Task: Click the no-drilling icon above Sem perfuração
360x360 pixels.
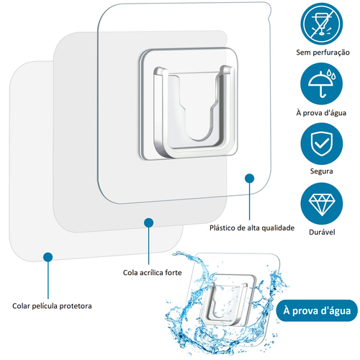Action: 322,24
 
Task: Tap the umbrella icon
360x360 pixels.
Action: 322,84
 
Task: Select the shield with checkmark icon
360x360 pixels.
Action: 322,144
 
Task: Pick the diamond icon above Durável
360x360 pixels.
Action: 322,204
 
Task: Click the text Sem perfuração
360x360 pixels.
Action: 323,53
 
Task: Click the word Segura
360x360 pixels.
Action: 321,171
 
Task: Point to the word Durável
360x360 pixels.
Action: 322,232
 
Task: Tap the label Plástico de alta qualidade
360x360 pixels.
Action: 252,228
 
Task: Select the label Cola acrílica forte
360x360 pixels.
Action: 152,273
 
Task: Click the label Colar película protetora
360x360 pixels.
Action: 52,306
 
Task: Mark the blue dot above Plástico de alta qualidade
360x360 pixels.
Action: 249,179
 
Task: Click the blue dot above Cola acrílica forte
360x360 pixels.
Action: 149,222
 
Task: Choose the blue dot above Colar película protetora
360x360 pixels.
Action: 48,257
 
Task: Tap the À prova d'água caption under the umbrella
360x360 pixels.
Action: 321,112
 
